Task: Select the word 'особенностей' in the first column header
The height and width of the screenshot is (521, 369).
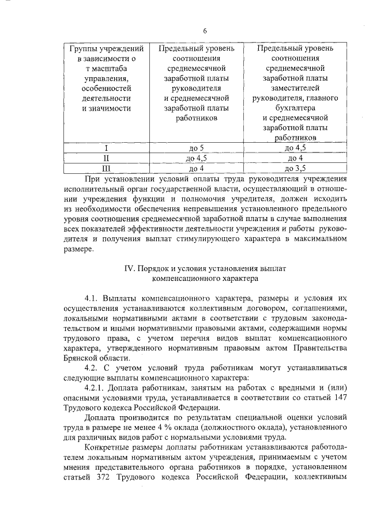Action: point(107,88)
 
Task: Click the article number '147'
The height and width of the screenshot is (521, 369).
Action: point(338,398)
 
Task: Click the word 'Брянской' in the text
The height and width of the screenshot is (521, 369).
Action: point(82,359)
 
